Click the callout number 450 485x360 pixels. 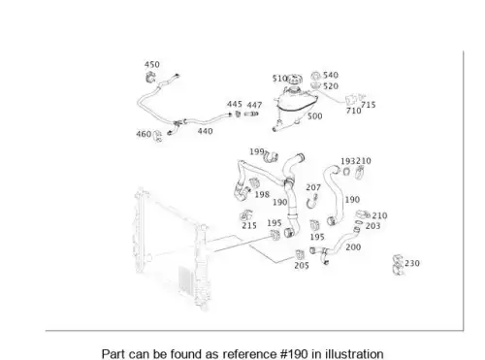click(x=152, y=65)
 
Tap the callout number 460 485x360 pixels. click(x=144, y=134)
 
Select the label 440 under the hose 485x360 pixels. click(x=205, y=131)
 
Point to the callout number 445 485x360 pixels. click(x=235, y=104)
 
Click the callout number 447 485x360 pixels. click(x=254, y=105)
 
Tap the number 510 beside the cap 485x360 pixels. click(x=279, y=79)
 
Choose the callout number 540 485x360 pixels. click(x=331, y=75)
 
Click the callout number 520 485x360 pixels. click(x=331, y=86)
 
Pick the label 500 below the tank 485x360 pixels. click(x=314, y=116)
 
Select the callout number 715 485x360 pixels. click(x=369, y=105)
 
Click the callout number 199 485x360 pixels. click(x=257, y=151)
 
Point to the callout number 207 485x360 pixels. click(x=313, y=187)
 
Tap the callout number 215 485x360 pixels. click(x=249, y=225)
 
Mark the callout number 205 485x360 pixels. click(x=302, y=265)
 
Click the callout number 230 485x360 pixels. click(x=412, y=263)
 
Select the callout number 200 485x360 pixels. click(x=353, y=247)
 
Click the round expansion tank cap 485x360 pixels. click(x=295, y=79)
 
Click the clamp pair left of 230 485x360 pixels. click(x=398, y=265)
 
